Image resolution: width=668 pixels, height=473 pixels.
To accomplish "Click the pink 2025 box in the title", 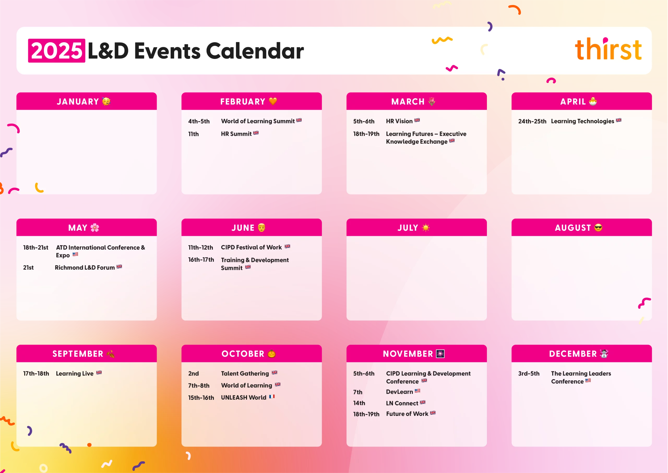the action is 57,51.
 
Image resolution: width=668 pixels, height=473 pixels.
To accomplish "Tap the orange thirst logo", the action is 608,49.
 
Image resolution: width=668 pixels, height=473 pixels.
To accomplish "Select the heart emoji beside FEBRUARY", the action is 273,101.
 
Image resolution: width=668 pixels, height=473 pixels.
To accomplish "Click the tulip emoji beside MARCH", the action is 432,101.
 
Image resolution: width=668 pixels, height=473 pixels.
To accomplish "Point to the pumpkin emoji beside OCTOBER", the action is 272,354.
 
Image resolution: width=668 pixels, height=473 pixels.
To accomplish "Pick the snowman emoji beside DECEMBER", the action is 604,354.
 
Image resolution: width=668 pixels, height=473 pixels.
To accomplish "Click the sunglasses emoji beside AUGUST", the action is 598,227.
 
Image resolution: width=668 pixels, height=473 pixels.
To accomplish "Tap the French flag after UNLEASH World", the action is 272,397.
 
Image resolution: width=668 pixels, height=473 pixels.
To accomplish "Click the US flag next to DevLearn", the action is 417,391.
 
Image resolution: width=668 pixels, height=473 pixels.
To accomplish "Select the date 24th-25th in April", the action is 532,121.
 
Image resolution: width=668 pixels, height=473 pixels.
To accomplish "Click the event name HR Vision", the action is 399,121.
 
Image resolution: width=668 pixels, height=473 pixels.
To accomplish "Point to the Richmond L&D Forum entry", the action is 85,267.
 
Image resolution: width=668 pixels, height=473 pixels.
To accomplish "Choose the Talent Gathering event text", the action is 245,373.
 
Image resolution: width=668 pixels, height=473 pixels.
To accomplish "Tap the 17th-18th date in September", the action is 36,373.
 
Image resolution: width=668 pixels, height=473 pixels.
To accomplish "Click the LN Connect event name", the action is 402,403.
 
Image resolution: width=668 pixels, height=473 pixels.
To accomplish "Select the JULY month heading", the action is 408,228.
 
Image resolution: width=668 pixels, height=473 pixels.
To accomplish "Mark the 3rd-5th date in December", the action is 529,373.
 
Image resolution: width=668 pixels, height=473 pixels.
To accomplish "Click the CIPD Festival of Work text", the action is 251,247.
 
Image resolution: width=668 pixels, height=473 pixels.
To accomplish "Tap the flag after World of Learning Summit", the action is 299,120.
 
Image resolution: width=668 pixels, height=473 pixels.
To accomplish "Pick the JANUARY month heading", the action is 78,102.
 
